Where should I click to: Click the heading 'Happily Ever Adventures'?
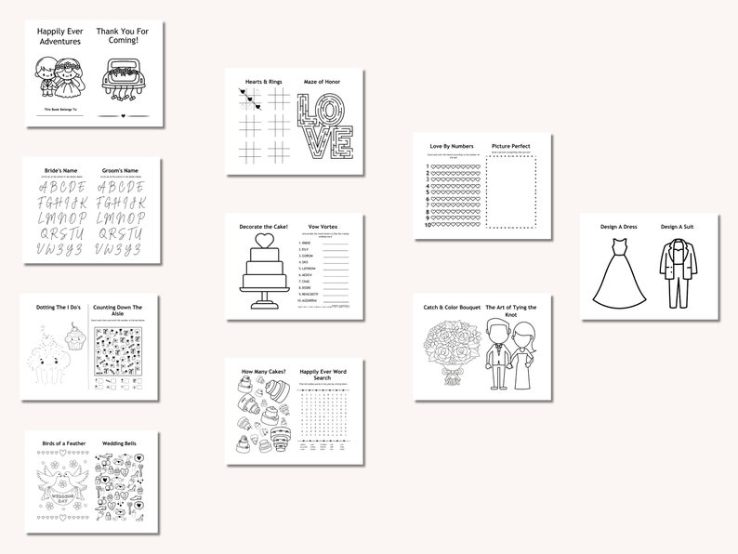59,36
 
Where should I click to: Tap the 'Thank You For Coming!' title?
125,36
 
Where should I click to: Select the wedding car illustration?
125,79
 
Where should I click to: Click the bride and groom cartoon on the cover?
59,78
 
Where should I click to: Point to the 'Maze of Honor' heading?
322,82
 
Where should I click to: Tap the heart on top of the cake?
264,240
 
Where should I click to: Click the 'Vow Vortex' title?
323,227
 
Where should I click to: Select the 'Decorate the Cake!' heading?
264,227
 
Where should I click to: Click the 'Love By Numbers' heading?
451,146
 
